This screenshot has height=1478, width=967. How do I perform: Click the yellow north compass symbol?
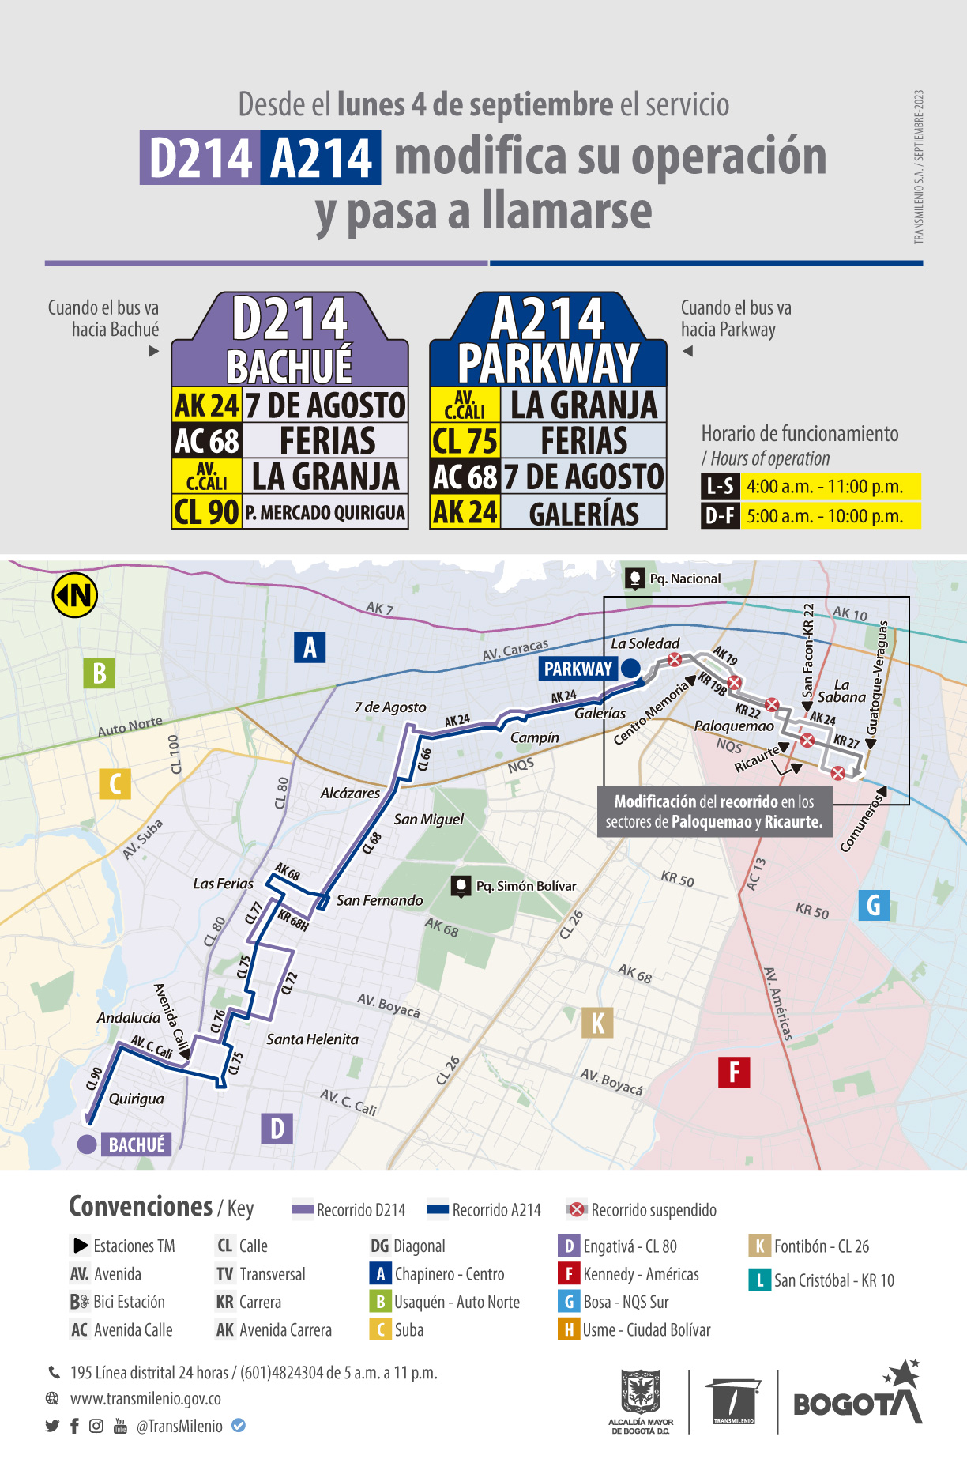click(75, 595)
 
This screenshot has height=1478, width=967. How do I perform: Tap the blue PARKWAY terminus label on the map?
click(578, 669)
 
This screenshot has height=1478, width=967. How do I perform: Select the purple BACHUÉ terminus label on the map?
click(136, 1144)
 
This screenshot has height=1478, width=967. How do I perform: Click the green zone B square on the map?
click(100, 673)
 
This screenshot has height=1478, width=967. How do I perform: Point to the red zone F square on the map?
click(734, 1072)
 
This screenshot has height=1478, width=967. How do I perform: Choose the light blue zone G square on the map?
click(874, 905)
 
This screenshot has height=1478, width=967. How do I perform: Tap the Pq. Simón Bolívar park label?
click(525, 886)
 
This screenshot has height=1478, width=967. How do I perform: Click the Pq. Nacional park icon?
click(635, 579)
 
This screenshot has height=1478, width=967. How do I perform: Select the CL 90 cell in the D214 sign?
click(206, 512)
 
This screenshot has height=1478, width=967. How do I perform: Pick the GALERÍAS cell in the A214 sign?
click(584, 514)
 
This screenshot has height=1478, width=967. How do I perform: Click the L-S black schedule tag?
click(720, 486)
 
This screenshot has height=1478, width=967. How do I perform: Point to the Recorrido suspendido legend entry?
click(642, 1210)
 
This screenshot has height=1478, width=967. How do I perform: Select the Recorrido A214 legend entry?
click(484, 1210)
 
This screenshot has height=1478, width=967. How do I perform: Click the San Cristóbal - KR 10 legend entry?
click(822, 1280)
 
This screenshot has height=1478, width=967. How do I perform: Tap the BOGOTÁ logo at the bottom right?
click(857, 1400)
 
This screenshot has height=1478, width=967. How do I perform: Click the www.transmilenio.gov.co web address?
click(145, 1398)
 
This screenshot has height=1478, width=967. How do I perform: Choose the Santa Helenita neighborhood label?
click(312, 1039)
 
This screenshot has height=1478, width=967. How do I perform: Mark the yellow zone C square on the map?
click(115, 784)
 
